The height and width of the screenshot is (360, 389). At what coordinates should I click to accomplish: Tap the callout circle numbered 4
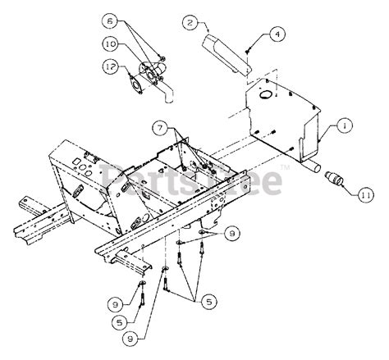coord(277,34)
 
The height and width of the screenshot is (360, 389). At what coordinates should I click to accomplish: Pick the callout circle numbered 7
coord(159,128)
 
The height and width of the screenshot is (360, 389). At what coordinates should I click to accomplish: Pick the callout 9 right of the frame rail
coord(235,234)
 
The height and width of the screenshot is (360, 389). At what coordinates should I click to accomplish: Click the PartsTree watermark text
coord(192,179)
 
